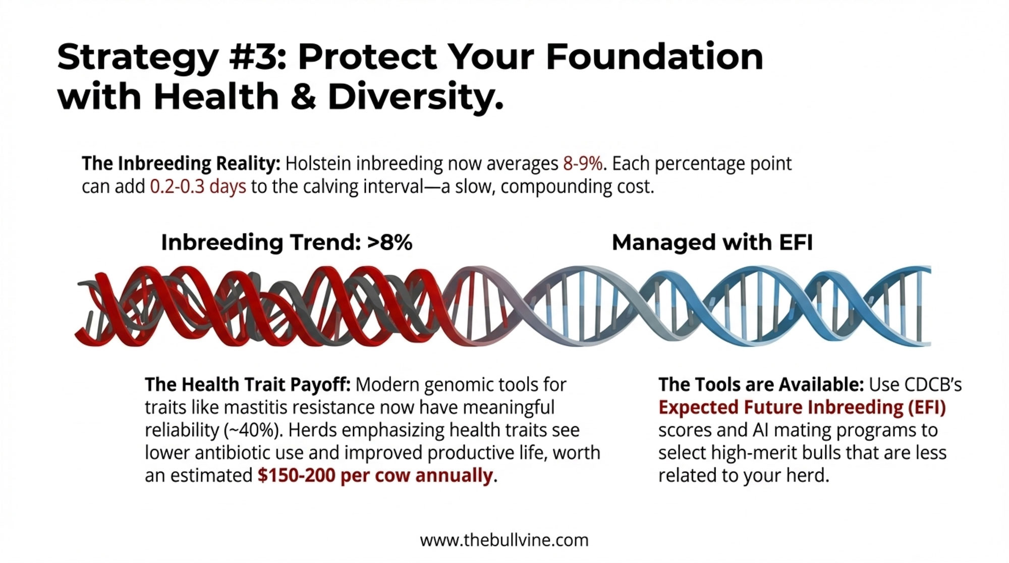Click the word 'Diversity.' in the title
[x=416, y=98]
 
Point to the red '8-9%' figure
[x=583, y=163]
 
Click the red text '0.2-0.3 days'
[x=198, y=187]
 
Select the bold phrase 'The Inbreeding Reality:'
[x=181, y=164]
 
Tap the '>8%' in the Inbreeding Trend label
[x=390, y=243]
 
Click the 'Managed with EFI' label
[x=712, y=243]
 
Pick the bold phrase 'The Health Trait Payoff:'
[x=248, y=384]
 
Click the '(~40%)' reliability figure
[x=252, y=430]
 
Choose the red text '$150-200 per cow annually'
[x=375, y=476]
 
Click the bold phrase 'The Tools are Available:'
[x=761, y=384]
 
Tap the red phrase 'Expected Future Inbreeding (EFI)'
[x=802, y=407]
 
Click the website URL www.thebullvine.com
[x=504, y=540]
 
